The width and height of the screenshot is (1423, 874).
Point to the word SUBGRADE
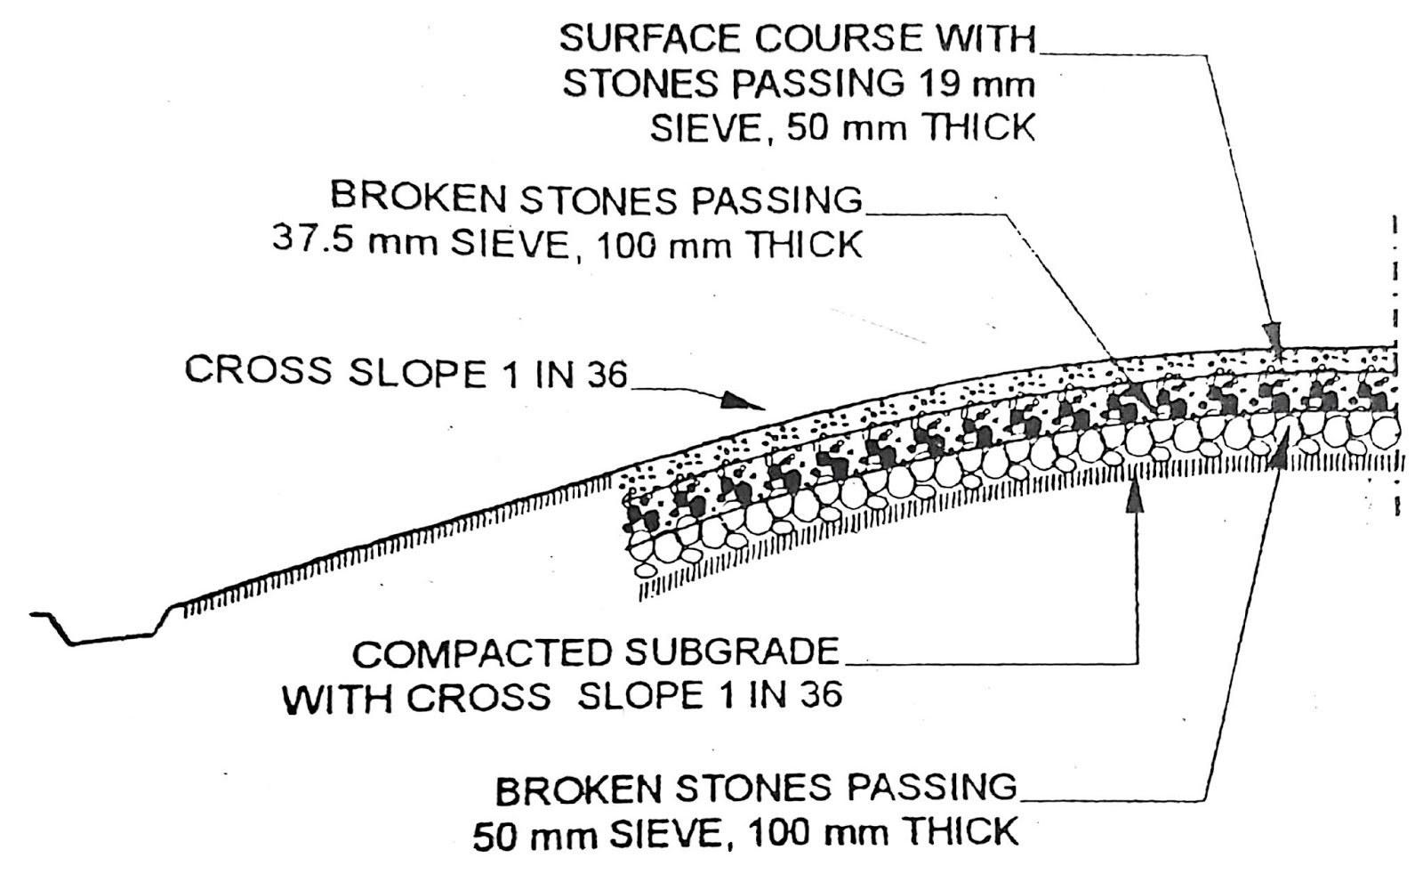733,653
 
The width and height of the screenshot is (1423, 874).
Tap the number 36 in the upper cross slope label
607,375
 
